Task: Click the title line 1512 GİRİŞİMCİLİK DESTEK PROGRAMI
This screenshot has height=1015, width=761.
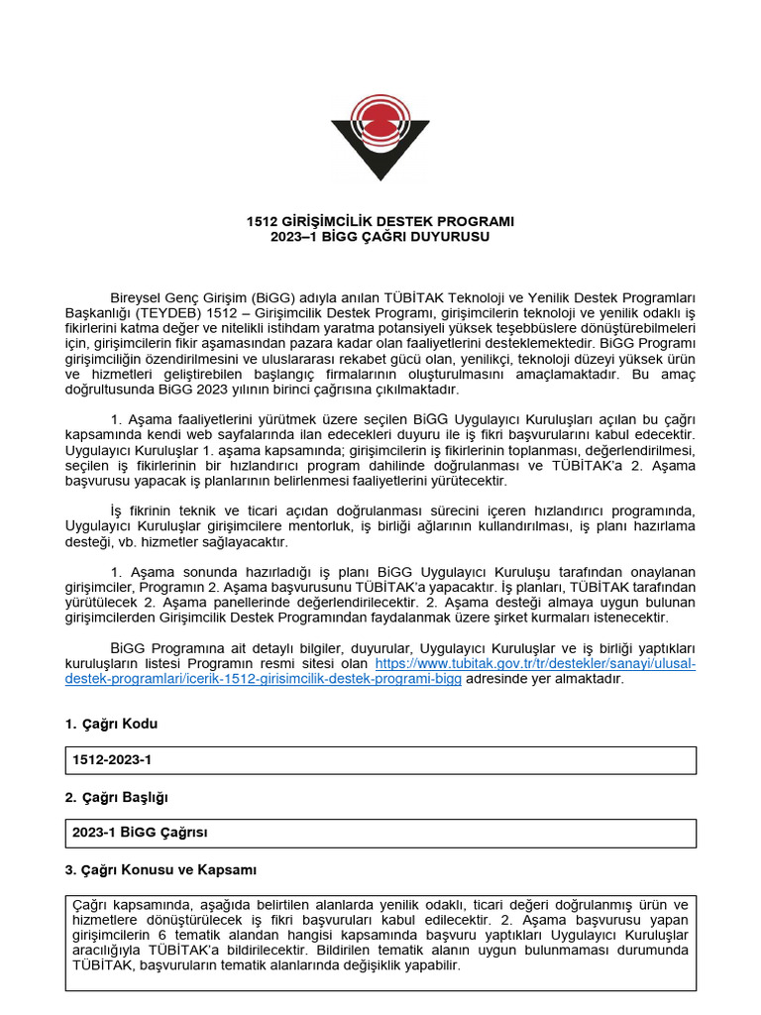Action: [380, 221]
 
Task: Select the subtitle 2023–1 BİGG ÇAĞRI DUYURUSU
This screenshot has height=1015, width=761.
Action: [380, 237]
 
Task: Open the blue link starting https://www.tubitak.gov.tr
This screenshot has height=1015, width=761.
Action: [535, 663]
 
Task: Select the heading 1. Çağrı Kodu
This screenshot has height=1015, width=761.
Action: [111, 724]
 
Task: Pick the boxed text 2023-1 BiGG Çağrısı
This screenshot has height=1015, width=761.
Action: [140, 833]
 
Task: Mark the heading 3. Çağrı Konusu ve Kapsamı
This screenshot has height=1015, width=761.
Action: [161, 869]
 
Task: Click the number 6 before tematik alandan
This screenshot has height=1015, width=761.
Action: [162, 935]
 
